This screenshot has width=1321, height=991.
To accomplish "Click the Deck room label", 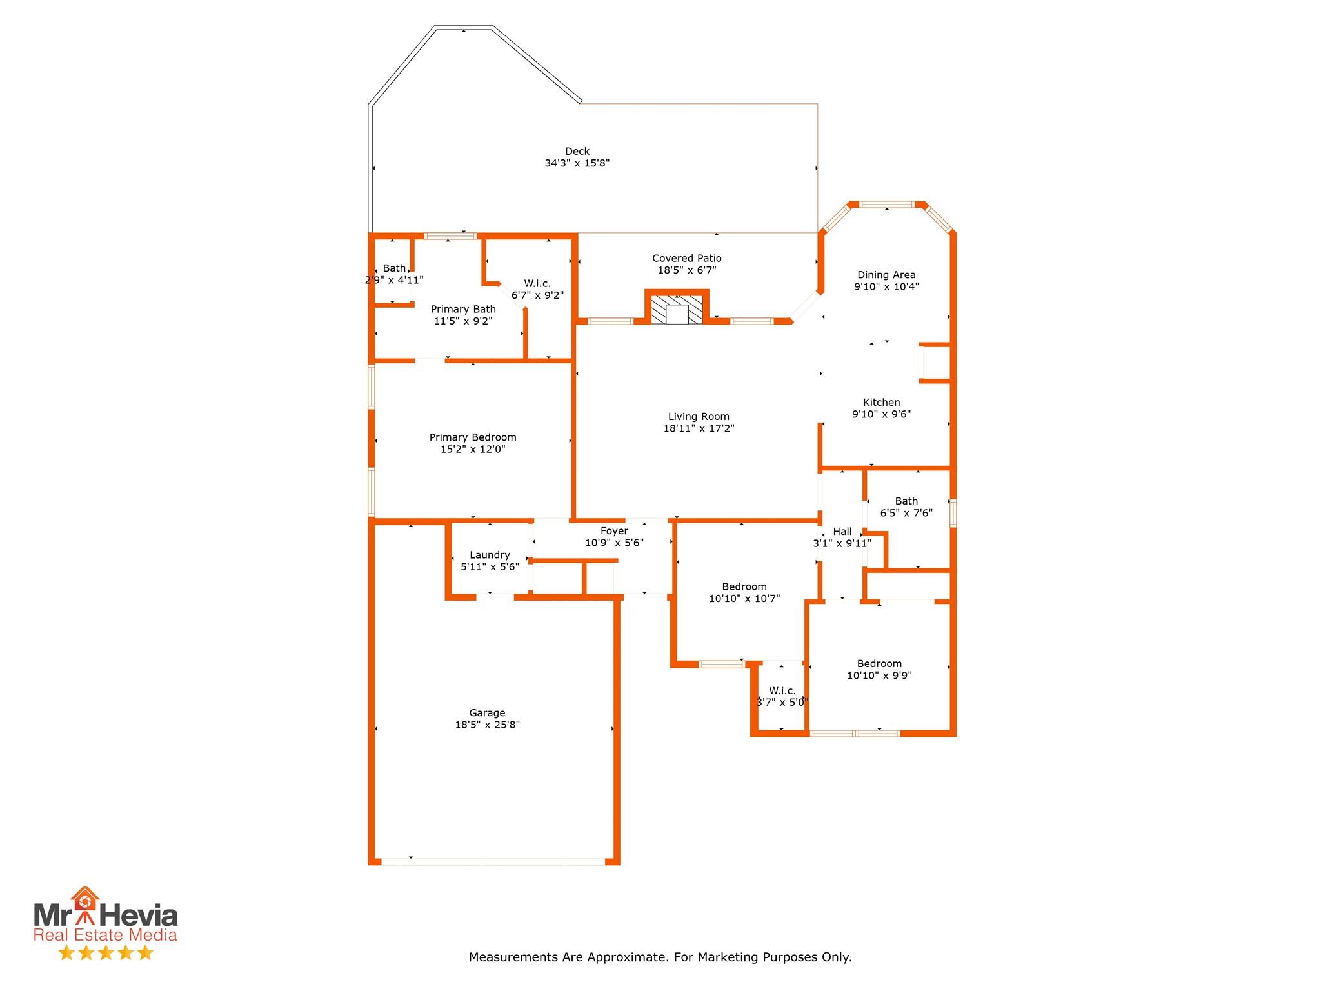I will pos(577,152).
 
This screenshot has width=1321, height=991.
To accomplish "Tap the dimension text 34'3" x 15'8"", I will pos(577,164).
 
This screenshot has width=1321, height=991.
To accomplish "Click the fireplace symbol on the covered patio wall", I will pos(677,310).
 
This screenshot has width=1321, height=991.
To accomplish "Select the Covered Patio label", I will pos(687,259).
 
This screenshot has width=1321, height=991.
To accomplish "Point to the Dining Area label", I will pos(886,275).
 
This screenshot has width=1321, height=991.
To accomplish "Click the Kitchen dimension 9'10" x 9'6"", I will pos(881,414).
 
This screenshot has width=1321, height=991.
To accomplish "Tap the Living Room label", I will pos(699,417).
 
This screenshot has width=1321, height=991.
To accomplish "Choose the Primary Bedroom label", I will pos(473,437).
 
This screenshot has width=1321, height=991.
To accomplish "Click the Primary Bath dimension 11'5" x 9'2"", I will pos(463,321).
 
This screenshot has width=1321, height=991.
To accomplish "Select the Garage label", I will pos(487,713).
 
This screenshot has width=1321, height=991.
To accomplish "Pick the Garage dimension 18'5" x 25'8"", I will pos(487,725).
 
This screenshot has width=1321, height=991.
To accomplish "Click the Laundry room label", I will pos(490,555).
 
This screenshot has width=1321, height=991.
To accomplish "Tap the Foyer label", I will pos(614,531).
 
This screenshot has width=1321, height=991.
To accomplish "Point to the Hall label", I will pos(842,532).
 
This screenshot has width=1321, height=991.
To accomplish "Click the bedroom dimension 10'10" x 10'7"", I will pos(744,599).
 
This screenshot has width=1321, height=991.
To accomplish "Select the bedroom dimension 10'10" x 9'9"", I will pos(879,676).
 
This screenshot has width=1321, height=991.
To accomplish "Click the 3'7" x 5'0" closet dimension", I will pos(782,703).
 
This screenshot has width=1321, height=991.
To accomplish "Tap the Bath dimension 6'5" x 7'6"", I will pos(906,514).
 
